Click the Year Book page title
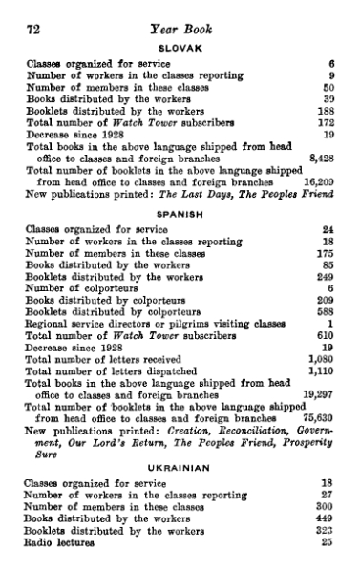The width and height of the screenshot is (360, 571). [x=180, y=30]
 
